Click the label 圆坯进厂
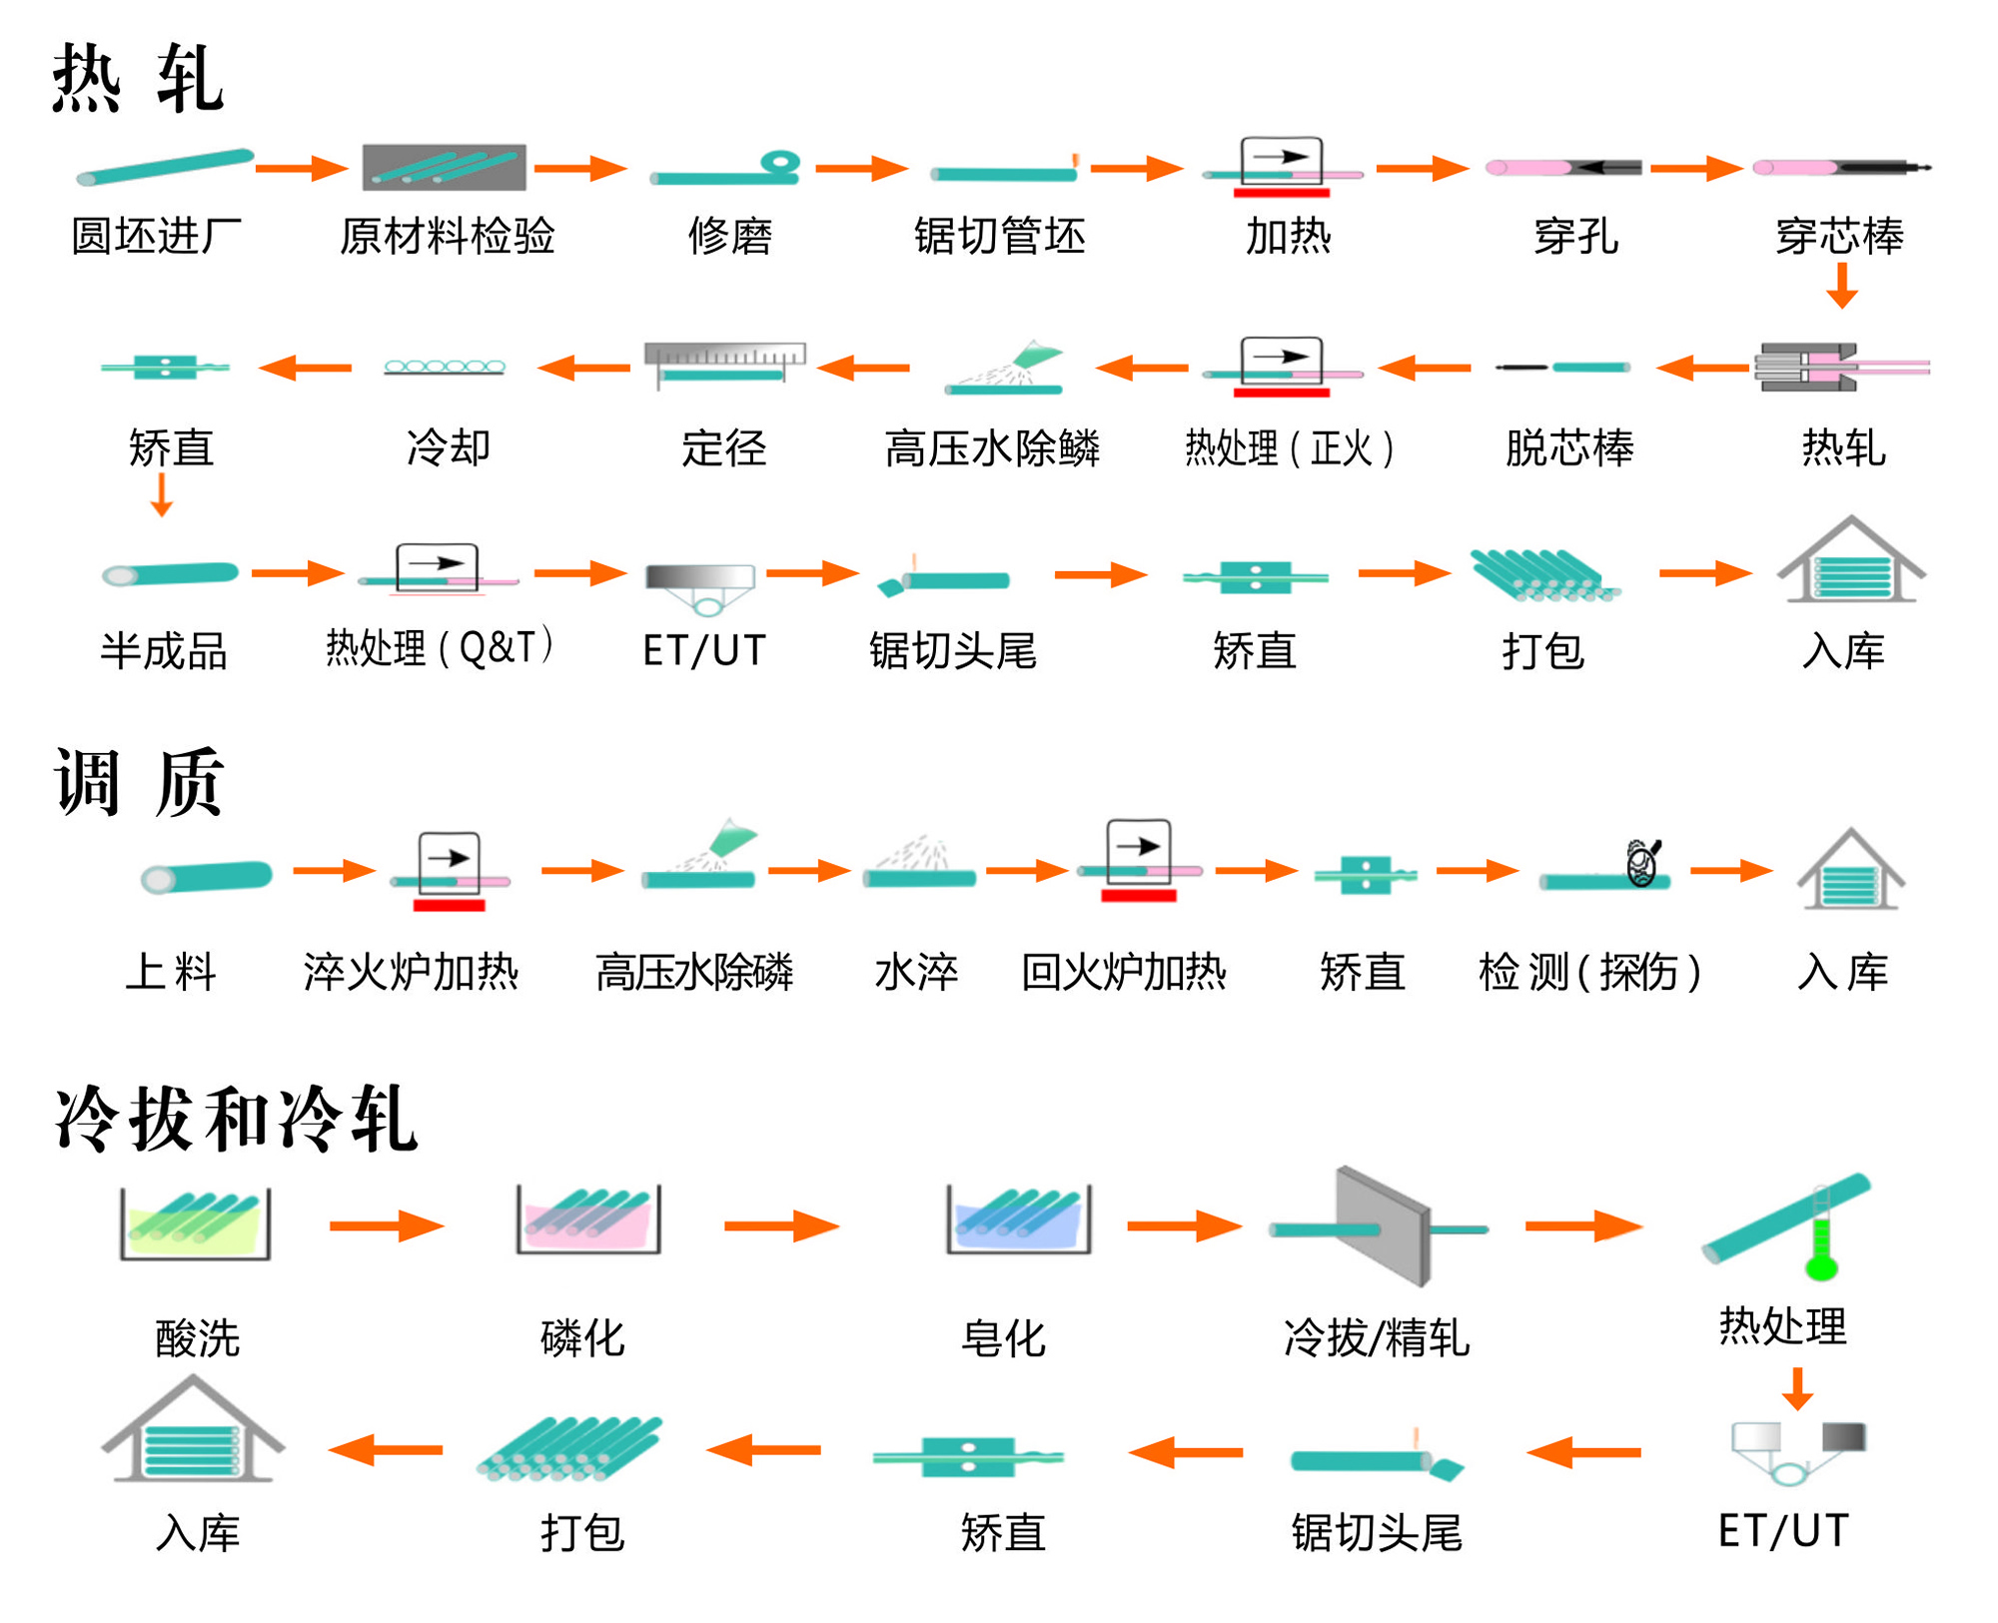[156, 237]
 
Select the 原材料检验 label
[447, 237]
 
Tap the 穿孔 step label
[1575, 237]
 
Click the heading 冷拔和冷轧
[236, 1119]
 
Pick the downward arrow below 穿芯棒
[1841, 287]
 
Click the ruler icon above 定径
[724, 355]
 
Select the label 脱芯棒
[1568, 447]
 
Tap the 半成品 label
[164, 651]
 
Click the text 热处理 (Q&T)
[440, 648]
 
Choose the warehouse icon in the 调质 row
[1850, 871]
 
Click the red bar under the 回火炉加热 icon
[1138, 896]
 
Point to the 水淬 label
[916, 972]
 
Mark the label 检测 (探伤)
[1588, 972]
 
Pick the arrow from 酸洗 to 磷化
[387, 1225]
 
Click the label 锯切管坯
[999, 237]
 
